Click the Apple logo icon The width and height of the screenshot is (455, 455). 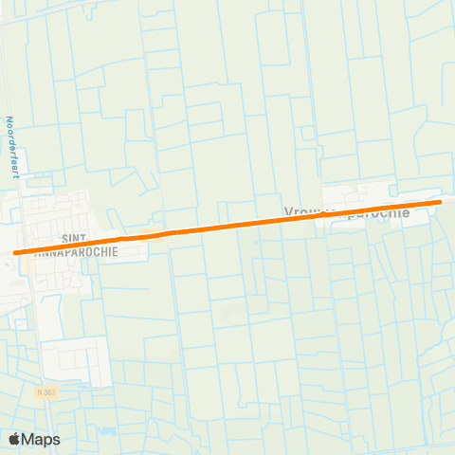[x=14, y=439]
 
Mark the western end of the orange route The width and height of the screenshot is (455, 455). [x=15, y=253]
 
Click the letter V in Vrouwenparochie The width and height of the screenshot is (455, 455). [x=287, y=213]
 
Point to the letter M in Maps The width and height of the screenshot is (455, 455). [x=28, y=439]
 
